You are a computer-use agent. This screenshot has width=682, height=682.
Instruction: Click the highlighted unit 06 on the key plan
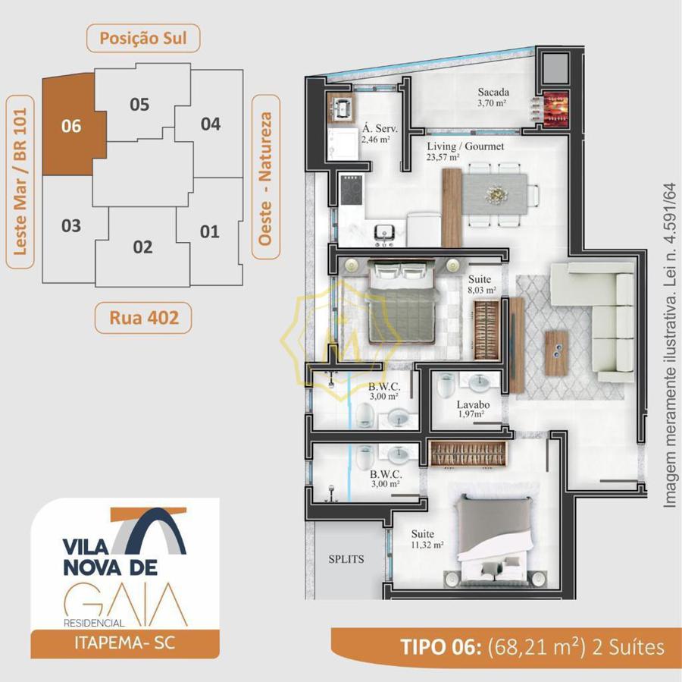[72, 125]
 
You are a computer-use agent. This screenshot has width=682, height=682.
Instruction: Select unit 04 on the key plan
[211, 124]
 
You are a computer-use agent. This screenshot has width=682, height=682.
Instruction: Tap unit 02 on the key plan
[142, 247]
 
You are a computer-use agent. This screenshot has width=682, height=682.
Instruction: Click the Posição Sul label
[143, 39]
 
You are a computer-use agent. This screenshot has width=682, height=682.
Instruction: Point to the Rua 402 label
[143, 317]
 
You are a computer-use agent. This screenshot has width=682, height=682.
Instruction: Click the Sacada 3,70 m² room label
[493, 97]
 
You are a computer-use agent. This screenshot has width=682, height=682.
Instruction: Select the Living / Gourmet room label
[465, 146]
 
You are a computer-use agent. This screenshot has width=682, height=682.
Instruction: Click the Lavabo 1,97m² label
[473, 409]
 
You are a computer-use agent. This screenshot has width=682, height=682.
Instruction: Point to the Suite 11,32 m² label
[427, 539]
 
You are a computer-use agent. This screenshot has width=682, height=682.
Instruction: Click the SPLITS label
[346, 559]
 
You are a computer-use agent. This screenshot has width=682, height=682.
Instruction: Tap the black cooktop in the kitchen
[351, 190]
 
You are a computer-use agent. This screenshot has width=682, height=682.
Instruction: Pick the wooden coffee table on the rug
[557, 352]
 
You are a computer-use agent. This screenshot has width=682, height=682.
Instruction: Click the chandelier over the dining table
[495, 194]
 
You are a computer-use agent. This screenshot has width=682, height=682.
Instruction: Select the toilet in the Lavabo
[446, 385]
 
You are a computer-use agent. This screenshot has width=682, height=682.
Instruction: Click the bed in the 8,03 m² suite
[401, 302]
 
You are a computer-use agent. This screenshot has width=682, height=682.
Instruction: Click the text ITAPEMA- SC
[125, 643]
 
